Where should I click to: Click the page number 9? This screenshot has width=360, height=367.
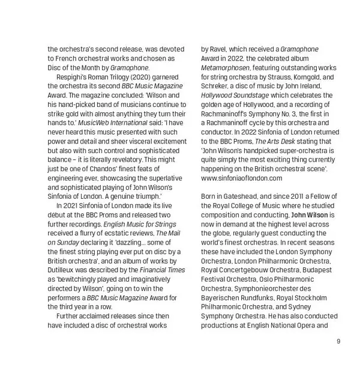[x=338, y=342]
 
